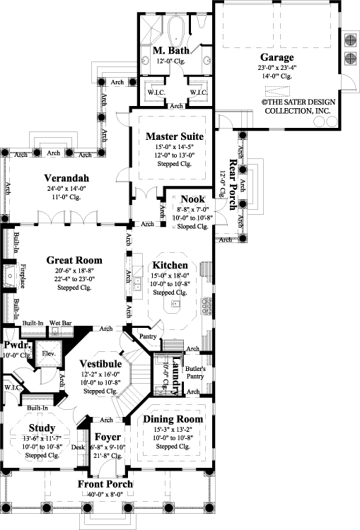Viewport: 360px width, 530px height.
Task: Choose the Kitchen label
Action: point(169,265)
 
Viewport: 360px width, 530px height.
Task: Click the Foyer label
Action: point(108,437)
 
